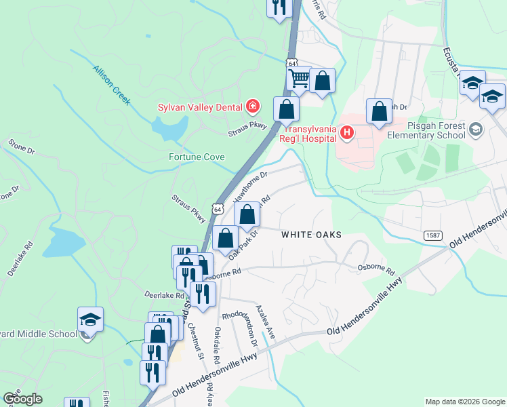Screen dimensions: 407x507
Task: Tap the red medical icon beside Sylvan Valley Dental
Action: [x=253, y=105]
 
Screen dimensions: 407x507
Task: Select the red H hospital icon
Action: [x=346, y=132]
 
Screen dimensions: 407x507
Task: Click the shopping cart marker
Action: [x=298, y=79]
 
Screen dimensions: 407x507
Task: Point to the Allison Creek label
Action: [x=112, y=84]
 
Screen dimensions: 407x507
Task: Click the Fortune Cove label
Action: [x=197, y=157]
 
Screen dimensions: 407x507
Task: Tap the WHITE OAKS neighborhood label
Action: [x=311, y=234]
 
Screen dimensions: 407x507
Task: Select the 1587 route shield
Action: [x=434, y=235]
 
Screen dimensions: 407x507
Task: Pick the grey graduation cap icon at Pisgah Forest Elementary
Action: [x=476, y=128]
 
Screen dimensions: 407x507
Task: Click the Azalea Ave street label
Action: [x=265, y=323]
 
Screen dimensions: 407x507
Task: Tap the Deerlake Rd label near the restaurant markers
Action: [x=164, y=295]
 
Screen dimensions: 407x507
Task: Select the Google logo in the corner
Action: [x=22, y=399]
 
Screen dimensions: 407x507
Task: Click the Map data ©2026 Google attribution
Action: [x=465, y=402]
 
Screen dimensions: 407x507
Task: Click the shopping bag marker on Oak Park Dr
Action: [x=226, y=239]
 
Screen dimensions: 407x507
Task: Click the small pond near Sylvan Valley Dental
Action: [x=170, y=126]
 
